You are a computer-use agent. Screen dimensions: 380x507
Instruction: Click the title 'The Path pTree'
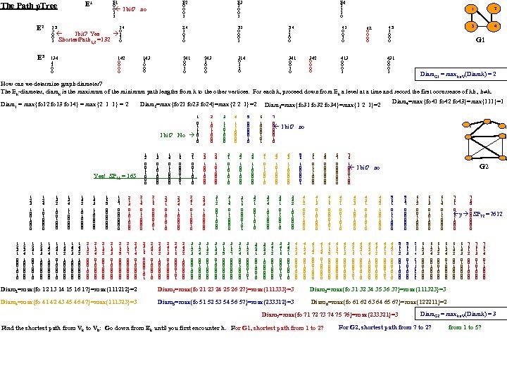click(x=29, y=6)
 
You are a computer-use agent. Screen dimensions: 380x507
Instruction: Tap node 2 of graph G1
click(x=496, y=9)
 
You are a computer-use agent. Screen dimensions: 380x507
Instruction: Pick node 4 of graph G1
click(x=496, y=26)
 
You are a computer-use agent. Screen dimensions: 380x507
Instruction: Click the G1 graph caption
click(x=480, y=40)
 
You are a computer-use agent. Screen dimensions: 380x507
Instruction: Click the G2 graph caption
click(x=483, y=167)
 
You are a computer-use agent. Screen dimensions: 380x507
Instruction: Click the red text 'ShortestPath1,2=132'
click(x=84, y=39)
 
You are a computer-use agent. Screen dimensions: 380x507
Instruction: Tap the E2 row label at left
click(x=40, y=28)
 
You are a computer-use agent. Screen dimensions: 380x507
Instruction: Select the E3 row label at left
click(x=40, y=58)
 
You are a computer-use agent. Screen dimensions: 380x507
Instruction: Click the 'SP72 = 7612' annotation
click(x=487, y=213)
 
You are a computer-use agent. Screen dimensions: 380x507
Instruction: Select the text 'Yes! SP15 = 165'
click(x=111, y=176)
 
